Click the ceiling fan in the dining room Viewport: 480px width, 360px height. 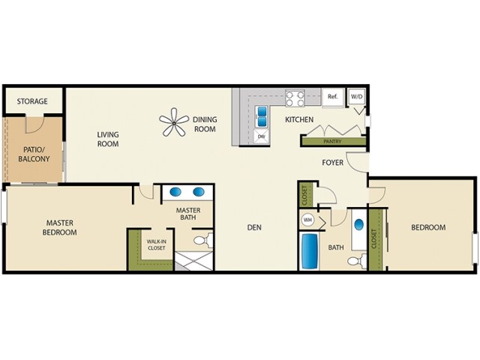175,123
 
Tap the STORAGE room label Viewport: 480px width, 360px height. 32,101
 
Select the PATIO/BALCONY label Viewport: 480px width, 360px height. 33,154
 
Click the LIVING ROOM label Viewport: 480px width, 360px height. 108,139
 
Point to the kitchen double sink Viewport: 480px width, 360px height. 262,116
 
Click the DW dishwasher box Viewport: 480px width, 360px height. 261,136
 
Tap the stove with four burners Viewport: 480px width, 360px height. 294,97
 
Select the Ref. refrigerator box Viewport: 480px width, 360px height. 332,97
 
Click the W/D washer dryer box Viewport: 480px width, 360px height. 355,97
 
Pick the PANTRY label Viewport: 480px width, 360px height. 332,140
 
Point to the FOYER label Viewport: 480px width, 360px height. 333,162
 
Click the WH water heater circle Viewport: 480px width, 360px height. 307,220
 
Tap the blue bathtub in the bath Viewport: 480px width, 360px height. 310,251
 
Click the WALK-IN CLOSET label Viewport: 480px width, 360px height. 156,244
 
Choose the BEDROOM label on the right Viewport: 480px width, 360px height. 427,227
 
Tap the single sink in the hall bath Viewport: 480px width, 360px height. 358,225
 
